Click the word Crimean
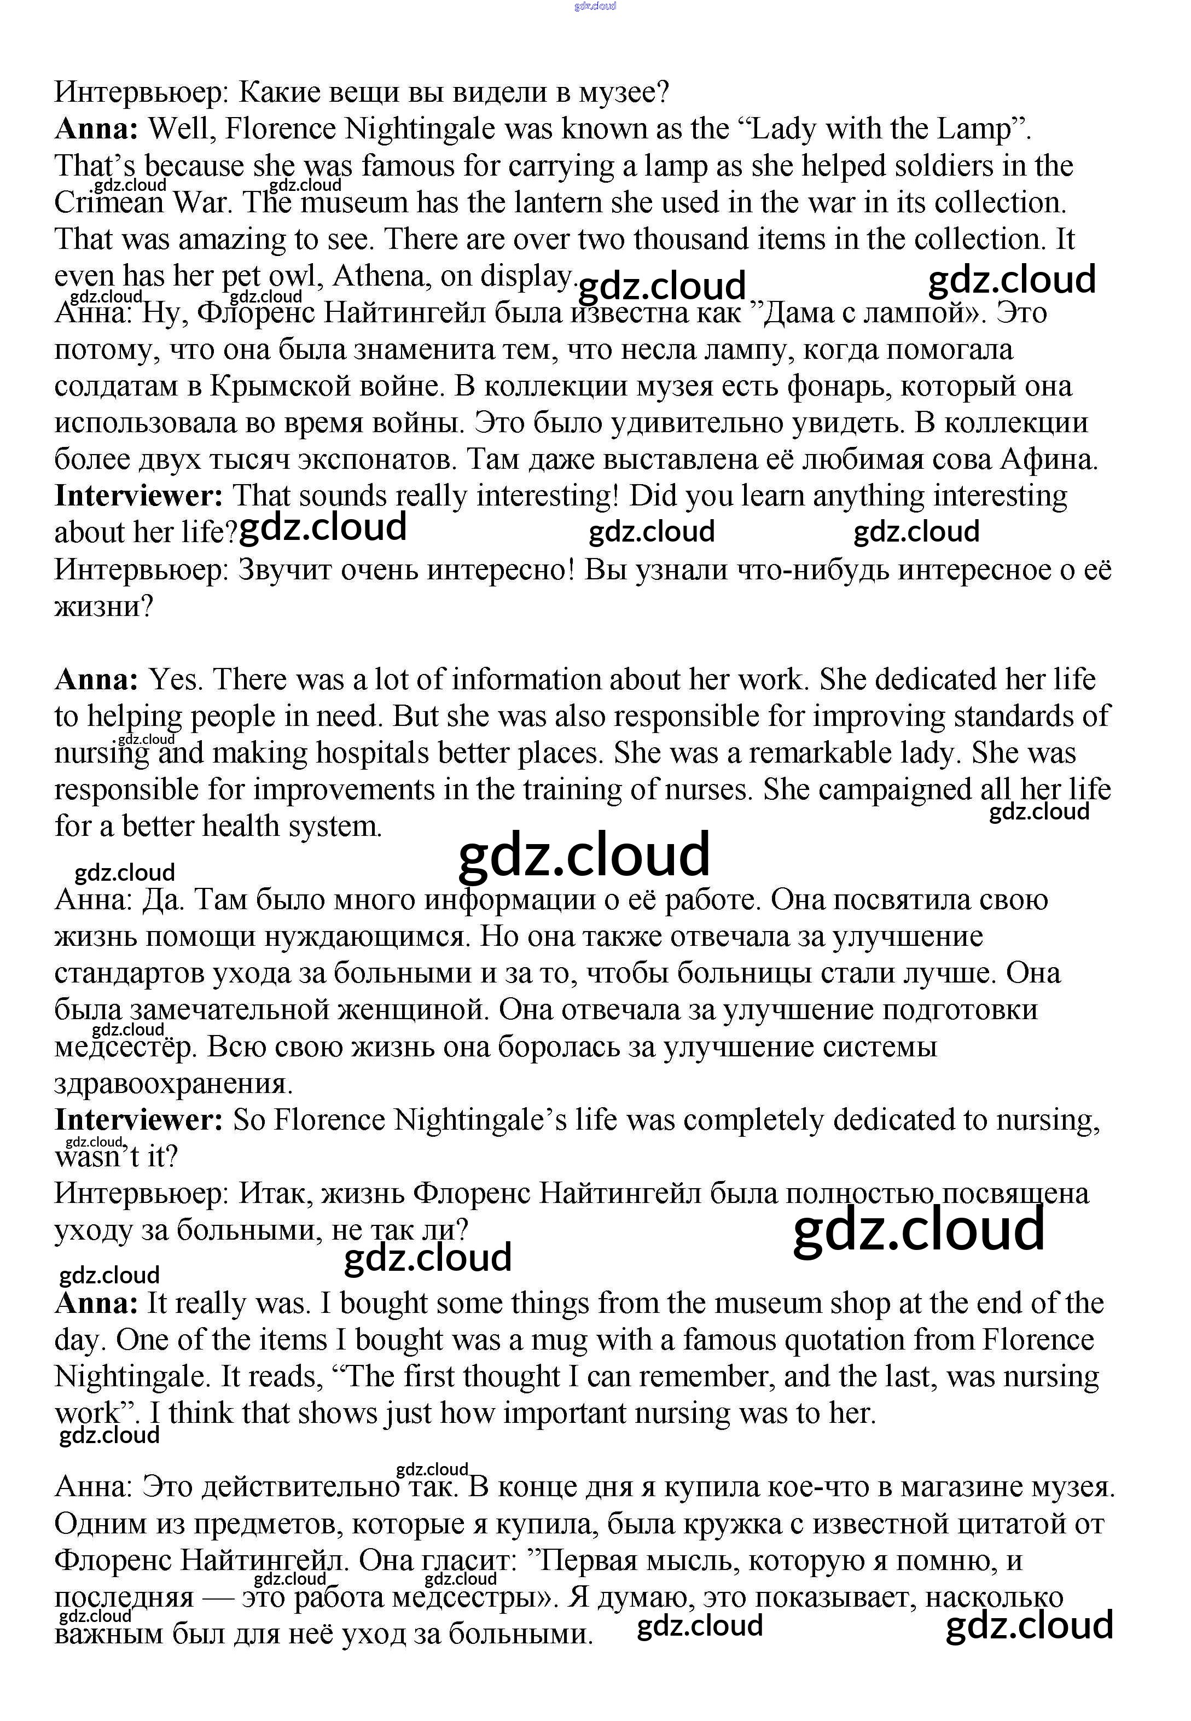tap(109, 203)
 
